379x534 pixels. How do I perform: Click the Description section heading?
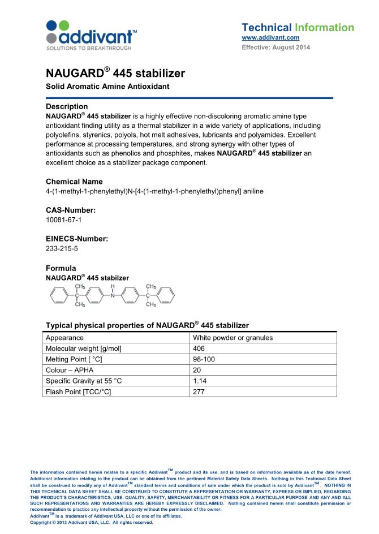tap(66, 106)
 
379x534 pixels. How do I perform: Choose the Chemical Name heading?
tap(74, 182)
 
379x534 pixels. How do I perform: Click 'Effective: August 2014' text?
tap(275, 48)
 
